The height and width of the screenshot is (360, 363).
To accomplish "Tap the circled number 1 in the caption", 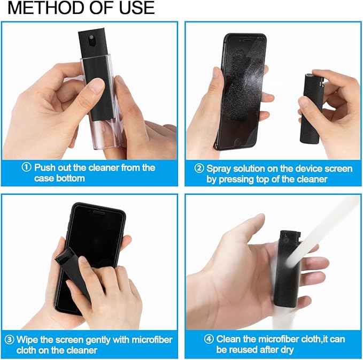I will pyautogui.click(x=27, y=167).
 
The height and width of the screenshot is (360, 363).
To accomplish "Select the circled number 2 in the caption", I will pyautogui.click(x=199, y=168).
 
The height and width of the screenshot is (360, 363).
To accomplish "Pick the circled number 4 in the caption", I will pyautogui.click(x=210, y=339).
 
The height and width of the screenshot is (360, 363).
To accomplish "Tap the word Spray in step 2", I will pyautogui.click(x=219, y=168).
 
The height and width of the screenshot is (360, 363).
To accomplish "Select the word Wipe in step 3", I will pyautogui.click(x=28, y=340).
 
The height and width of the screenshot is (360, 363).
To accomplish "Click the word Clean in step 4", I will pyautogui.click(x=229, y=339).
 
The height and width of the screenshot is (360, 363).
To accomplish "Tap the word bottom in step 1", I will pyautogui.click(x=71, y=178).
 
